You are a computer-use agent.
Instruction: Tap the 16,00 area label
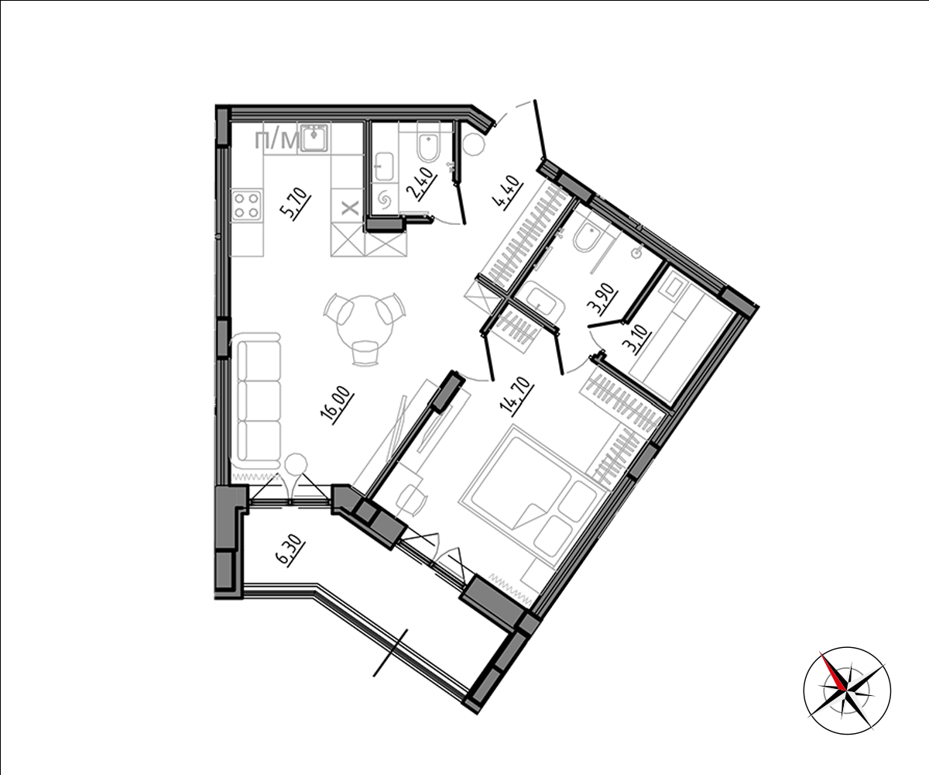[x=338, y=408]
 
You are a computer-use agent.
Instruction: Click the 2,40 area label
[x=420, y=184]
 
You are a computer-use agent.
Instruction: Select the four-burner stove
[x=247, y=205]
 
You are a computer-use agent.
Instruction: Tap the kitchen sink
[x=314, y=138]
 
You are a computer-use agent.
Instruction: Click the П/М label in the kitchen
[x=276, y=141]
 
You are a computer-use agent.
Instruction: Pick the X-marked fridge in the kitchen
[x=348, y=206]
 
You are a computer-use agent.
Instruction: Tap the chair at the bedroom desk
[x=410, y=501]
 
